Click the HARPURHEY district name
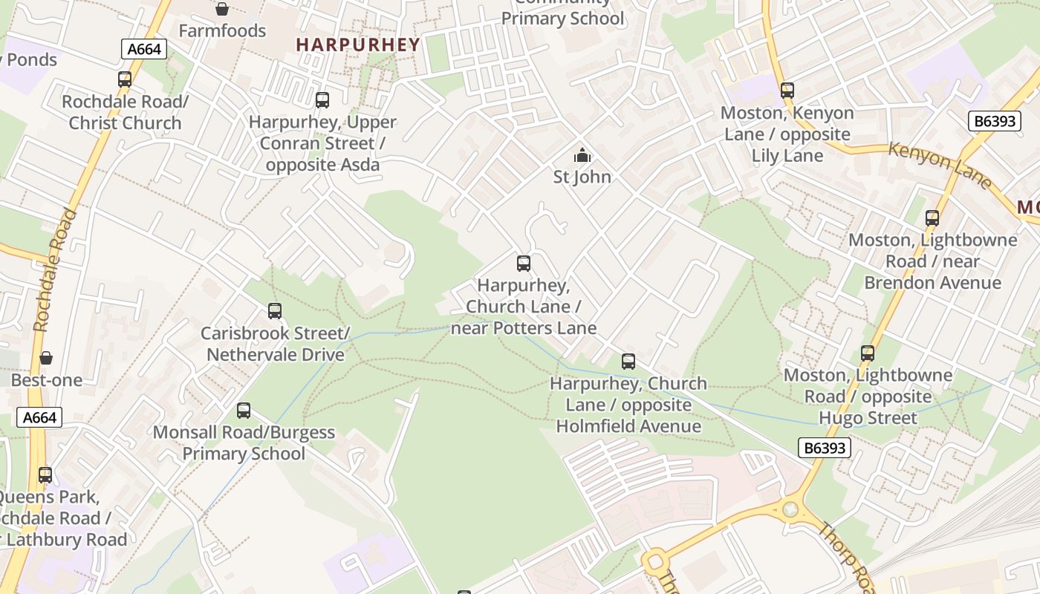click(x=358, y=45)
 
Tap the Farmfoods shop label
click(x=222, y=30)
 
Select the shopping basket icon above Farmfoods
click(x=221, y=9)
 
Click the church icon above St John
click(x=582, y=155)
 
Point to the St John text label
click(x=582, y=177)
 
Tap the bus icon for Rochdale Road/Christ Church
click(x=125, y=79)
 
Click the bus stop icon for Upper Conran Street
click(x=322, y=100)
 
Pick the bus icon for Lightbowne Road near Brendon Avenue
click(x=932, y=218)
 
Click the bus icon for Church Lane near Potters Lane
click(x=524, y=264)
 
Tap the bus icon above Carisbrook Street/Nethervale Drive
click(x=275, y=311)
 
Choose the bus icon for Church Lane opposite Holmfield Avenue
click(x=628, y=362)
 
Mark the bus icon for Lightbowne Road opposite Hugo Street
click(x=868, y=353)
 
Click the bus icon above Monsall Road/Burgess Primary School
click(x=244, y=411)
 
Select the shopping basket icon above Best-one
click(x=46, y=359)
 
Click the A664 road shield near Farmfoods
click(x=144, y=50)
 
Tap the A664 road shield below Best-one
click(x=39, y=417)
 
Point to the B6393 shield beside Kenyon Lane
click(x=995, y=121)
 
